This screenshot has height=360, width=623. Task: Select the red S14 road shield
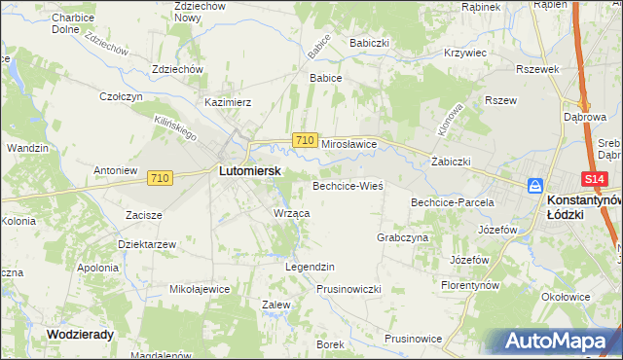tap(596, 180)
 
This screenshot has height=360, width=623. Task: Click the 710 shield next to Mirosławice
tap(304, 141)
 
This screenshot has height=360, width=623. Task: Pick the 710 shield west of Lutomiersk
tap(161, 178)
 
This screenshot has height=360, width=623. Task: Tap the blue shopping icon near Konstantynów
tap(534, 186)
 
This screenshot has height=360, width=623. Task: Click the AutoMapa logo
tap(559, 342)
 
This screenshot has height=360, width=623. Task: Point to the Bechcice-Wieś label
tap(348, 185)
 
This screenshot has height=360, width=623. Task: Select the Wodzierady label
tap(80, 333)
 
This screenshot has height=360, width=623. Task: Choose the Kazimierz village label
tap(228, 101)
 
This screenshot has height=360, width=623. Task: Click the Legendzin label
tap(309, 266)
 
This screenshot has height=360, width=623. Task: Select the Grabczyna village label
tap(402, 236)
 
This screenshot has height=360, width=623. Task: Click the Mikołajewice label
tap(200, 289)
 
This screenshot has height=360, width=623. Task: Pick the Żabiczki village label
tap(451, 162)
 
